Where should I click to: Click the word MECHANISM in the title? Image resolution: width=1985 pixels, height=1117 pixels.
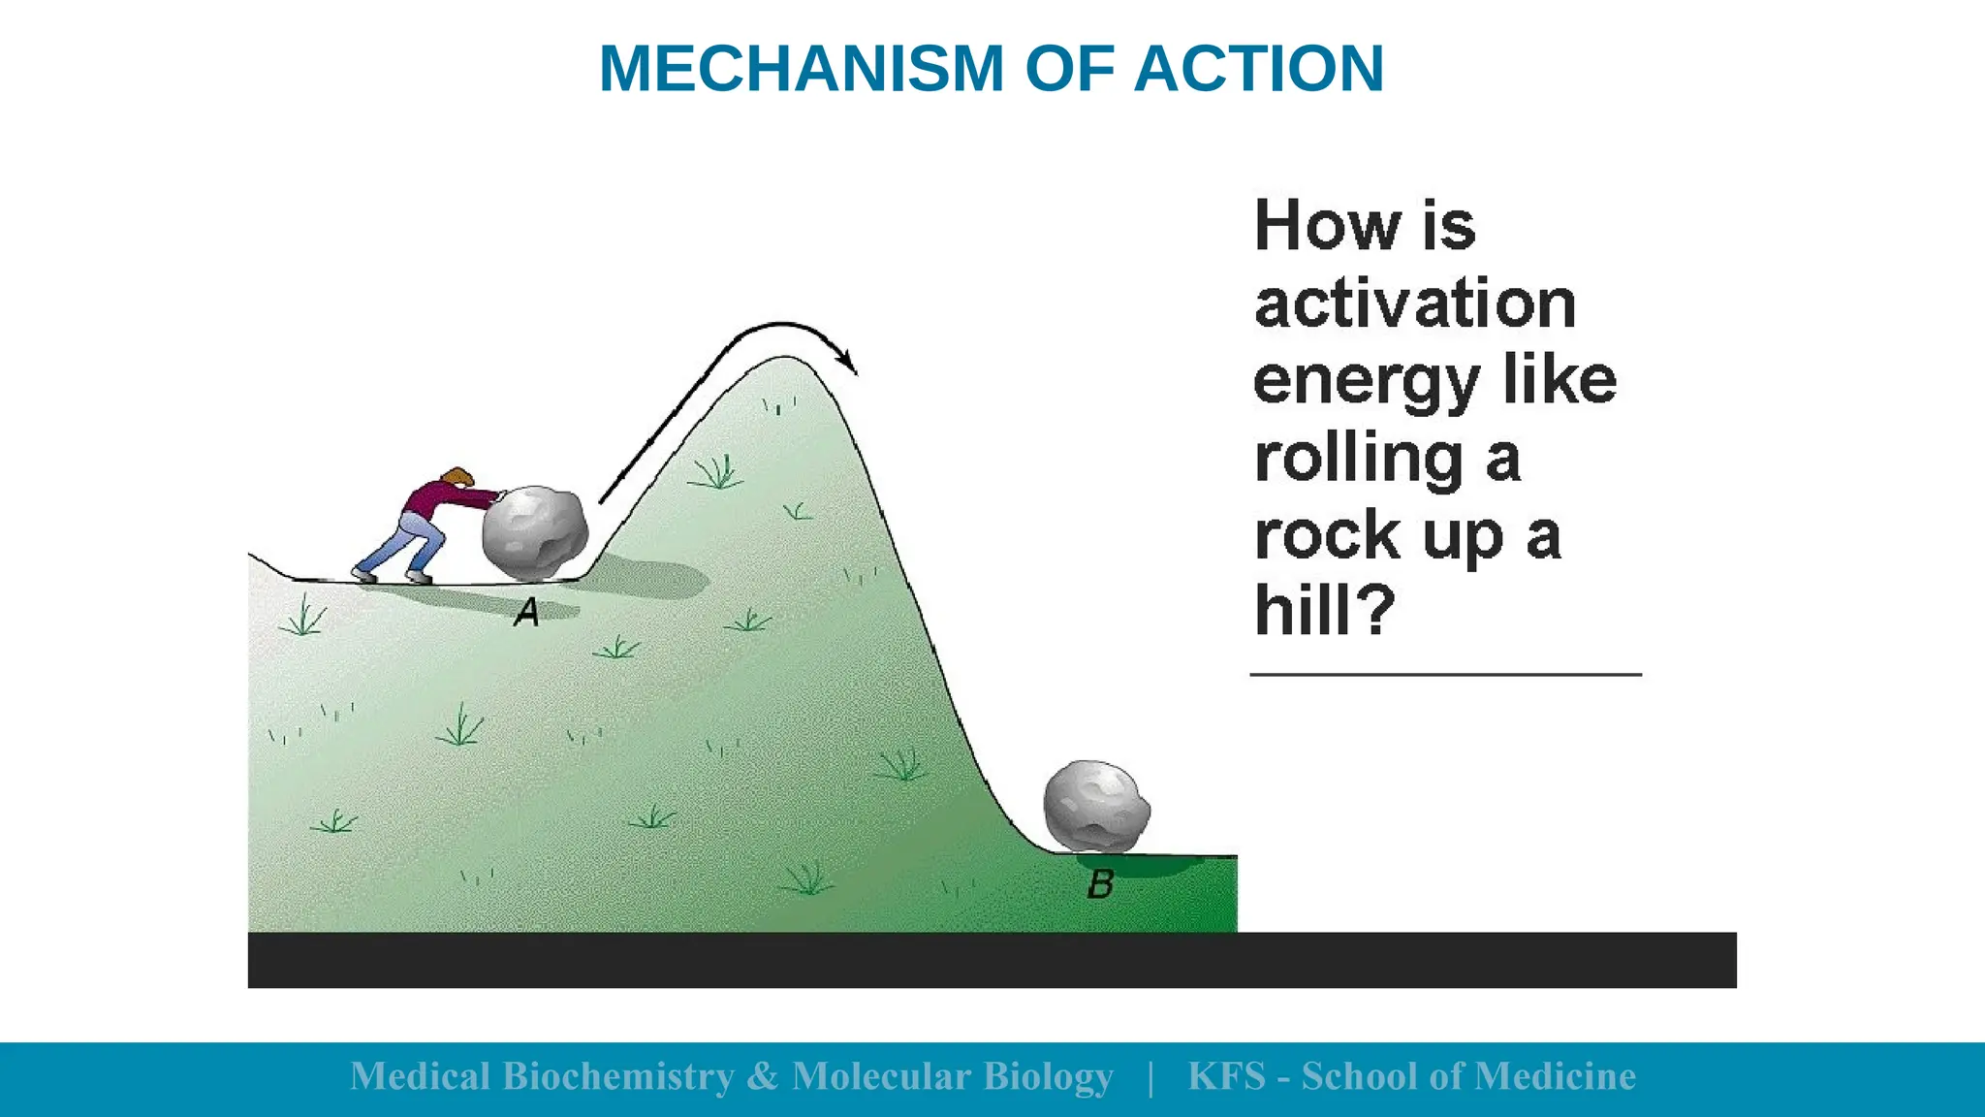point(802,69)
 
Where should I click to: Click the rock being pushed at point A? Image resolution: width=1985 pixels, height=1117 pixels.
point(534,534)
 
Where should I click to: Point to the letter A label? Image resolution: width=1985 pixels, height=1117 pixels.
point(526,612)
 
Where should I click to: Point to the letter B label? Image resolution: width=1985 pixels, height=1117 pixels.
point(1100,883)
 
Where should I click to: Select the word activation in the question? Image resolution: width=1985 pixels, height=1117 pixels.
point(1414,303)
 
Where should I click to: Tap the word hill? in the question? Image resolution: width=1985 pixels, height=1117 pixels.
point(1324,610)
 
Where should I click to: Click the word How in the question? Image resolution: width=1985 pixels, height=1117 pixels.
point(1327,225)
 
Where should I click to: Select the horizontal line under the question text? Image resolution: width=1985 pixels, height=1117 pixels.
point(1445,674)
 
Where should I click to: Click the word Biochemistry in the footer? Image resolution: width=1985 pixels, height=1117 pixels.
point(617,1076)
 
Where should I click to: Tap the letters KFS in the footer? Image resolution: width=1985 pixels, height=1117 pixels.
point(1226,1076)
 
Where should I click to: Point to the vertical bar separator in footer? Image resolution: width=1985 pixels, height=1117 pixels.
point(1150,1077)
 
